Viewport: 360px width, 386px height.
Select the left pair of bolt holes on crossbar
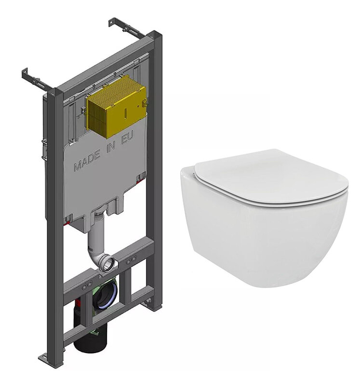[x=86, y=286]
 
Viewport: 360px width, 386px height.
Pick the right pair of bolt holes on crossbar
[x=131, y=260]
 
